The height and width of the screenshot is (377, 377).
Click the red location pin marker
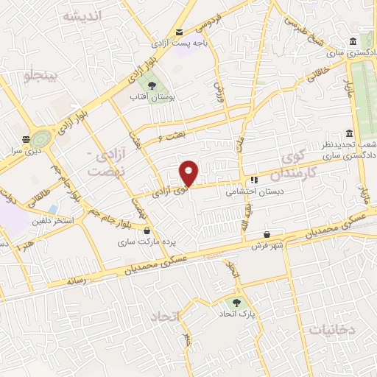(x=189, y=173)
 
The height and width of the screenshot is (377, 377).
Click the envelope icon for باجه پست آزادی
(x=179, y=32)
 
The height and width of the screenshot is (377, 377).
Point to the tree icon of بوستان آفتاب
(x=152, y=85)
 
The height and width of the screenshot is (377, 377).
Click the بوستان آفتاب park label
(x=151, y=97)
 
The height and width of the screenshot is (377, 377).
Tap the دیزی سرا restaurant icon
(x=27, y=138)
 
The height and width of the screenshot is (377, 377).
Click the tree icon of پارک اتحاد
(x=236, y=302)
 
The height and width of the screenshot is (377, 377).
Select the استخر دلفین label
(x=52, y=220)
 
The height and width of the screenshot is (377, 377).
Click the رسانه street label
(x=78, y=281)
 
